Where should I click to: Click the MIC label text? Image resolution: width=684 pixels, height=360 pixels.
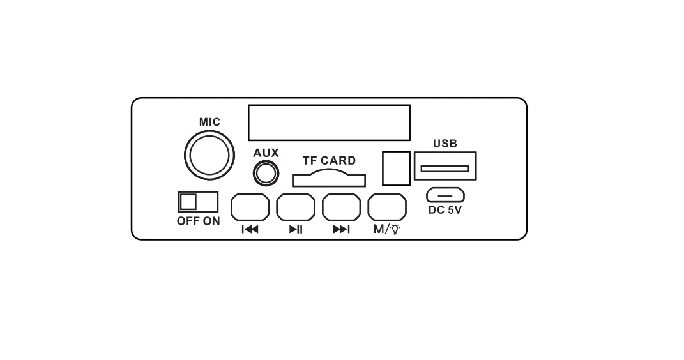[209, 122]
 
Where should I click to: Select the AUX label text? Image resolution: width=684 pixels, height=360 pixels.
[266, 153]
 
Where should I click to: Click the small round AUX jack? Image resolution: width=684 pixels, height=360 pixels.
[266, 172]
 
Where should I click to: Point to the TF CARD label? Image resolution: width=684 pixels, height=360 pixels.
[329, 161]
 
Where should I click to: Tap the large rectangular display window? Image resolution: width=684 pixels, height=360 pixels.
[329, 123]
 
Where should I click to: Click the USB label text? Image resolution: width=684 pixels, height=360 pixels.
[445, 144]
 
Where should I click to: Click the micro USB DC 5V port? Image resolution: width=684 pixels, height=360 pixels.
[445, 195]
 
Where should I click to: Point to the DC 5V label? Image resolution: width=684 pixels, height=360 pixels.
[445, 210]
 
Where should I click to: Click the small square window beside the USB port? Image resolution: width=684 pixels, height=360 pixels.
[395, 168]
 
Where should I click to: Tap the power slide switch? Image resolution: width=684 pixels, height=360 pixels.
[198, 202]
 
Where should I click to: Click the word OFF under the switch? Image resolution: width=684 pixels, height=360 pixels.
[189, 221]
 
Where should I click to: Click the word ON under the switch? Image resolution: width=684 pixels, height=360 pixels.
[211, 221]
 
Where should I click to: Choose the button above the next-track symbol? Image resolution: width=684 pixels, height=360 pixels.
[342, 207]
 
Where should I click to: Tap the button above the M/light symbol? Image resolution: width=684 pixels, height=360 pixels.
[388, 207]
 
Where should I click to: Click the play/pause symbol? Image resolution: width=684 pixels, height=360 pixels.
[296, 230]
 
